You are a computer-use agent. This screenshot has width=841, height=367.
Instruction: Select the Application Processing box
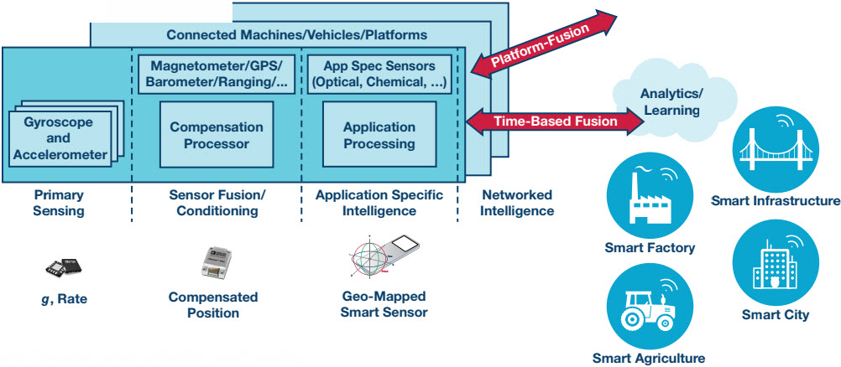click(379, 136)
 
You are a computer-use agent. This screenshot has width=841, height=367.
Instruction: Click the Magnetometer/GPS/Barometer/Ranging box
click(217, 74)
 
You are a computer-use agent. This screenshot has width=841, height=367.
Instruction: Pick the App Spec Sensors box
click(380, 74)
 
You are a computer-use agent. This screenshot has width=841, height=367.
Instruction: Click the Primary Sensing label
click(59, 203)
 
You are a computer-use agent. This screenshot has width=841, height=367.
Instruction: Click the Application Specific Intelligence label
click(379, 203)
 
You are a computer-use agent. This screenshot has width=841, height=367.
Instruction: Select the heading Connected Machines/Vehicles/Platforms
click(296, 35)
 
